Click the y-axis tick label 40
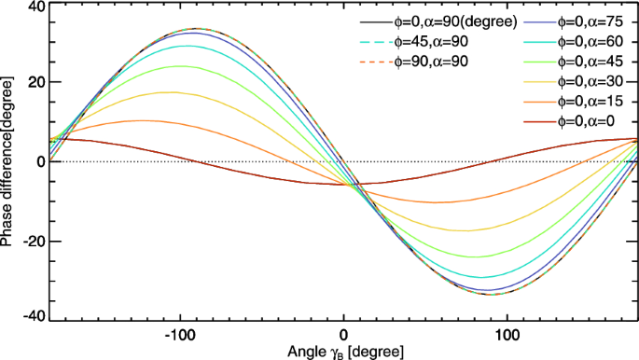(x=35, y=7)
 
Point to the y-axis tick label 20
(x=35, y=82)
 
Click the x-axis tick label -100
(x=178, y=334)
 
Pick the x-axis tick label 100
(x=507, y=334)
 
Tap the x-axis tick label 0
(x=343, y=334)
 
